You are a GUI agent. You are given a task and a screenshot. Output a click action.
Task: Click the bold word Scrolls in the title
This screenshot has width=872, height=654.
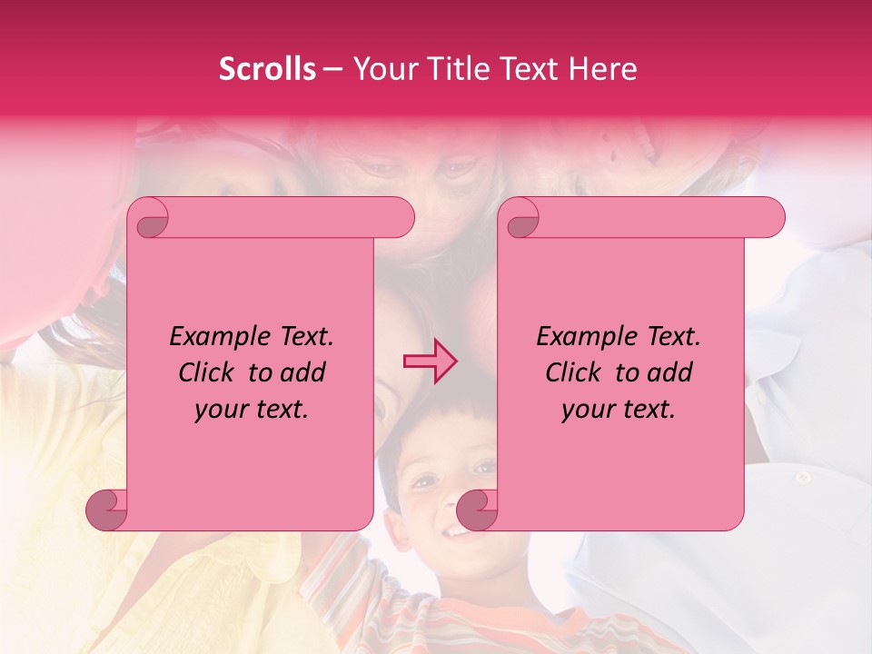(267, 69)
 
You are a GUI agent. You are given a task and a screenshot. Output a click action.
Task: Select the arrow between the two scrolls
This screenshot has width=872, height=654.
(431, 361)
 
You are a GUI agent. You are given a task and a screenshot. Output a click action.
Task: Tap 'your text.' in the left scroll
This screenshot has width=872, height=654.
(252, 410)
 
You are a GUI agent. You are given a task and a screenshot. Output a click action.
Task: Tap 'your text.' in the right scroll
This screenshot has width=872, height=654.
(619, 410)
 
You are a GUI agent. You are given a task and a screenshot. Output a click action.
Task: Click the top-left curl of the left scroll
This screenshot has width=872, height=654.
(151, 219)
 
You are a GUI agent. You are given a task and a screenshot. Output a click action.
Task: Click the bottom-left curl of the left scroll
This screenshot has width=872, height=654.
(106, 509)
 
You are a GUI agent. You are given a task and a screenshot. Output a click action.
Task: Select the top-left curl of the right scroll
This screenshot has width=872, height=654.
(521, 219)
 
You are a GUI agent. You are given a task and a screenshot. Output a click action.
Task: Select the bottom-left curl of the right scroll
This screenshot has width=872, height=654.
(477, 509)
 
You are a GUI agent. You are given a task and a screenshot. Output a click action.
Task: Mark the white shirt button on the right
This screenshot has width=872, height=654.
(802, 477)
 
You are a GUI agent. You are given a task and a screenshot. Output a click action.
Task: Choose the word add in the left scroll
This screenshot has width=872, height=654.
(303, 372)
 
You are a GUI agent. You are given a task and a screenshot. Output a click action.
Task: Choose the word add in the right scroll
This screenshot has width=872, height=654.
(670, 372)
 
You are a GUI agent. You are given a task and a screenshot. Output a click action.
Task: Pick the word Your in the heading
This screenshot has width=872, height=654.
(382, 69)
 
